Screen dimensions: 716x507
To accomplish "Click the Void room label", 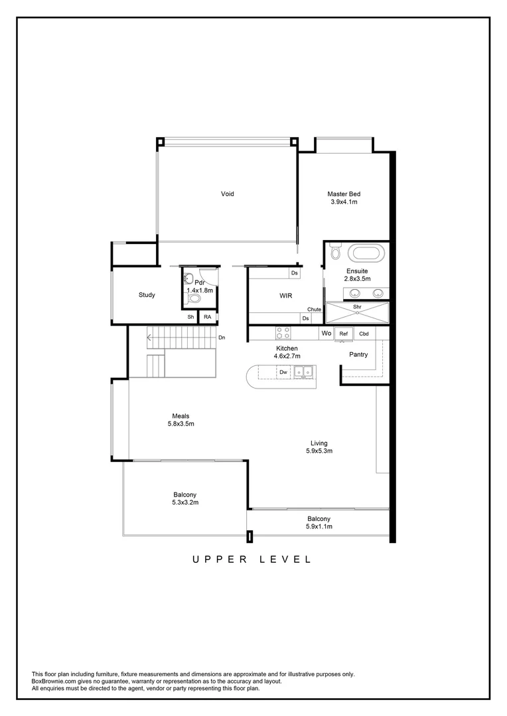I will [x=227, y=194].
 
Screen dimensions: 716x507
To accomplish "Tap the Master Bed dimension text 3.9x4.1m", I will [x=344, y=202].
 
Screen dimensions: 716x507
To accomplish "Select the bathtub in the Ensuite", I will [x=366, y=253].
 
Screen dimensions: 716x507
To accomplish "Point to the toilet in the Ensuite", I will [x=334, y=253].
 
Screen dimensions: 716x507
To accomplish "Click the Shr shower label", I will [x=357, y=307].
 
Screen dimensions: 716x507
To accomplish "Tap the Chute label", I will [x=314, y=310].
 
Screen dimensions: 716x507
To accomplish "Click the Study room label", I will [x=147, y=295].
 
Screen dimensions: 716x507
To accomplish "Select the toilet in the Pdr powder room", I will [x=194, y=299].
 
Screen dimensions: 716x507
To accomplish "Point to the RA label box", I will [x=208, y=318].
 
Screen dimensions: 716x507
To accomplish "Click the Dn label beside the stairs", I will [x=222, y=338].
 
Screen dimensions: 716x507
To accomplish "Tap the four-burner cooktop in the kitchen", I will [x=283, y=333].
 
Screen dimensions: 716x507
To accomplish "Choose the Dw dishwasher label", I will [x=283, y=373].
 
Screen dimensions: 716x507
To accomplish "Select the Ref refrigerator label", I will [x=344, y=333].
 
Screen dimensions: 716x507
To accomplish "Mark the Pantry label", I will [x=358, y=355].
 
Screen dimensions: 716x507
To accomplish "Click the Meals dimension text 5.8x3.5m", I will [x=181, y=424].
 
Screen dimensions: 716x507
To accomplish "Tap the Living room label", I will [x=319, y=443].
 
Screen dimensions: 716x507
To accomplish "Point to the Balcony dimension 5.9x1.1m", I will [x=319, y=526].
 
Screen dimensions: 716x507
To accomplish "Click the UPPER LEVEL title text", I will [x=252, y=560].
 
